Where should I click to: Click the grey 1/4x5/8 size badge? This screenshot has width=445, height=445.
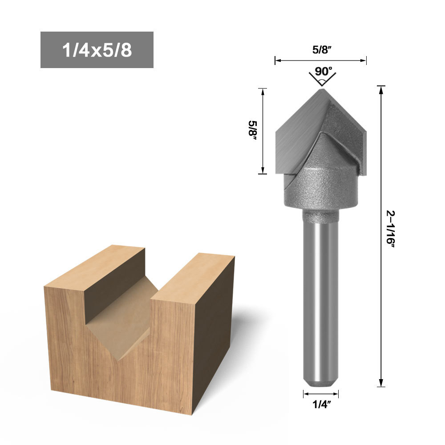97,50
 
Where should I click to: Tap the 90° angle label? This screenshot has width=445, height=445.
323,72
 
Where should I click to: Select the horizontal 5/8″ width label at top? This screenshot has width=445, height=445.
322,50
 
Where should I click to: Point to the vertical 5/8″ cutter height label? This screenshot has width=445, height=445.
252,131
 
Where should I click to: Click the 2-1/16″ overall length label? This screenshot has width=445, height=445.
391,229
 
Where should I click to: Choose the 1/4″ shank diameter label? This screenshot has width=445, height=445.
322,405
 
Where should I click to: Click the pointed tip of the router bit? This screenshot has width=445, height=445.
322,89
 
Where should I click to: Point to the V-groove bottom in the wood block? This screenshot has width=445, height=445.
119,360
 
